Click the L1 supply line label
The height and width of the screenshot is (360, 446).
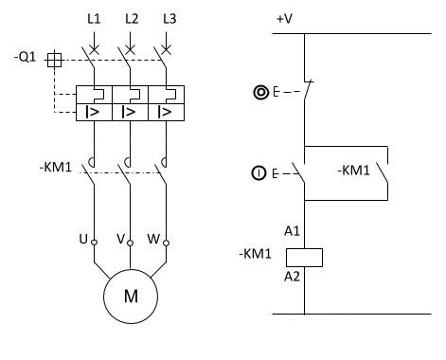click(x=94, y=19)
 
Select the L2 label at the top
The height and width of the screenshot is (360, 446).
click(x=132, y=19)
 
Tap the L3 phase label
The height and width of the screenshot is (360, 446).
click(x=169, y=19)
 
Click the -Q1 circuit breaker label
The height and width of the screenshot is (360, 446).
click(x=26, y=57)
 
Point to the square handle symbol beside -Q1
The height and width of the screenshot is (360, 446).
click(x=54, y=60)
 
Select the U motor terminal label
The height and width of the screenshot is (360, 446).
click(x=83, y=239)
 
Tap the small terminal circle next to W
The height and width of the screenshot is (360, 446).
click(x=167, y=243)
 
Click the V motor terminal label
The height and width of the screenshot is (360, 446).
click(x=120, y=239)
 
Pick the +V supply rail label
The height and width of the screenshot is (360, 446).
click(x=284, y=19)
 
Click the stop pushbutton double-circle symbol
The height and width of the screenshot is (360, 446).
click(x=261, y=93)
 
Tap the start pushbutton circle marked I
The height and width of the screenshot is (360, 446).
click(x=259, y=173)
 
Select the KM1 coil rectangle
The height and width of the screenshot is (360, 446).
click(x=304, y=258)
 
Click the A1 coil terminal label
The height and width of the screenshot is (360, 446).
click(x=292, y=231)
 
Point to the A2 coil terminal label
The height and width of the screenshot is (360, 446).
click(x=292, y=277)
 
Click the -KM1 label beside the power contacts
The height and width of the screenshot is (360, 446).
click(x=56, y=167)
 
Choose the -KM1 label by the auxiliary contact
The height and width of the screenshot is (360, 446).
click(x=353, y=171)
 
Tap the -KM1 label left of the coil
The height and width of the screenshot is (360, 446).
click(x=255, y=254)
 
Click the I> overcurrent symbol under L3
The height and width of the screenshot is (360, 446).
click(x=165, y=112)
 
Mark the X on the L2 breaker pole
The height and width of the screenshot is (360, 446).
click(x=130, y=49)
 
